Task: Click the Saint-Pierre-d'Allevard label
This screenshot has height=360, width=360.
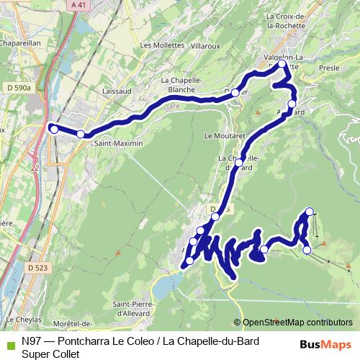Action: pos(140,307)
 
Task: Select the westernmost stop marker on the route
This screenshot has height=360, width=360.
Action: pos(53,129)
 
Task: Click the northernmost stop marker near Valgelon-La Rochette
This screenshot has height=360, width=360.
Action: pos(282,65)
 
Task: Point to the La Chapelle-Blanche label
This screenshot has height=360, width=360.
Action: pos(181,85)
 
